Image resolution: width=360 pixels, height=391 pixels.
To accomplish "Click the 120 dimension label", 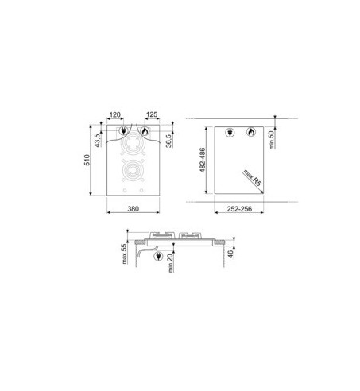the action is point(115,114).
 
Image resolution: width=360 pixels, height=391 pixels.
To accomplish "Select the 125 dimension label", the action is point(152,114).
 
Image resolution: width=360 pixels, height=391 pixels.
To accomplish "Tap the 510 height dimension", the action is point(87,160).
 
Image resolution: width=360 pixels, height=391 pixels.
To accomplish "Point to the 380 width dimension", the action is point(133,209).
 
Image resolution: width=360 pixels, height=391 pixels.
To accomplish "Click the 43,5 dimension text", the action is point(97,141).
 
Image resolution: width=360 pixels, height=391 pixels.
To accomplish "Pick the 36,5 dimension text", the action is point(168,141).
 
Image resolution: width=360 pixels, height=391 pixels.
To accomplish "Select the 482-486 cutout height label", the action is point(203,160).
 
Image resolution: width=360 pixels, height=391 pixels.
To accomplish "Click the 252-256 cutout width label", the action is point(239,209).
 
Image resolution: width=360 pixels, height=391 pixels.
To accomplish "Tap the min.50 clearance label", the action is point(272,140).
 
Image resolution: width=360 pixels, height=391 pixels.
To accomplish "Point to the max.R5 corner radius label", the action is point(252,177).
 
